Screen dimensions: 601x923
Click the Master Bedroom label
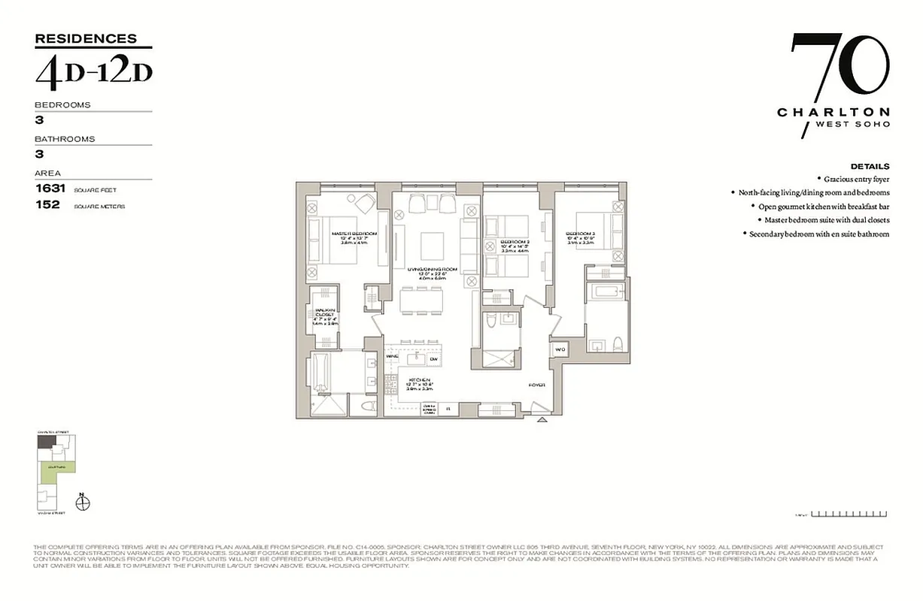(x=354, y=234)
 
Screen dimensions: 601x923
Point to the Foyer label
(x=536, y=384)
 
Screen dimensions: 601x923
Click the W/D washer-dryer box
(x=560, y=349)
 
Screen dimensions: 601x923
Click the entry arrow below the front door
(x=541, y=421)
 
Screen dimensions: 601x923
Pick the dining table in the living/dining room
(x=421, y=300)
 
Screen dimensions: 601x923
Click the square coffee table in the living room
(x=432, y=245)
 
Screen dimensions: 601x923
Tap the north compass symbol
(x=83, y=503)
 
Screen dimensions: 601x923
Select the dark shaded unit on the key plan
(x=46, y=442)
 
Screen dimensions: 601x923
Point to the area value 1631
(x=51, y=189)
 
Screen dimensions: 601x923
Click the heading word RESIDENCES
(x=86, y=38)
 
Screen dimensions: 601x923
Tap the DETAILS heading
(x=870, y=166)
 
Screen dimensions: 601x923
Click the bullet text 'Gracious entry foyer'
(x=856, y=179)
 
